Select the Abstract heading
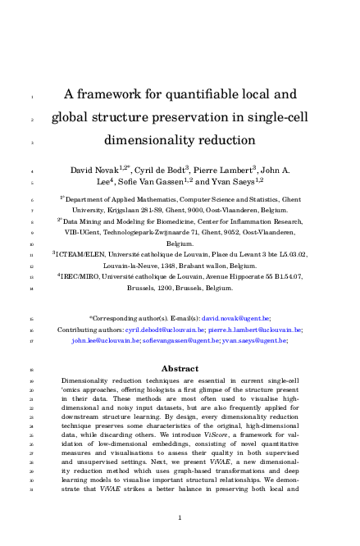click(180, 368)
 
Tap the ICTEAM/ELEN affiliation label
click(86, 255)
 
